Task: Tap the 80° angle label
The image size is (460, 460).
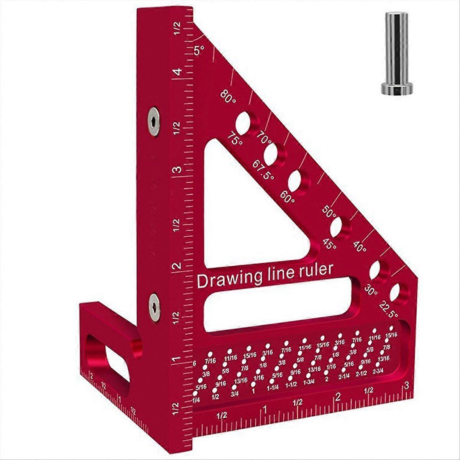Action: click(x=228, y=96)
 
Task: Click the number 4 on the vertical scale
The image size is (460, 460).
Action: click(x=177, y=72)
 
